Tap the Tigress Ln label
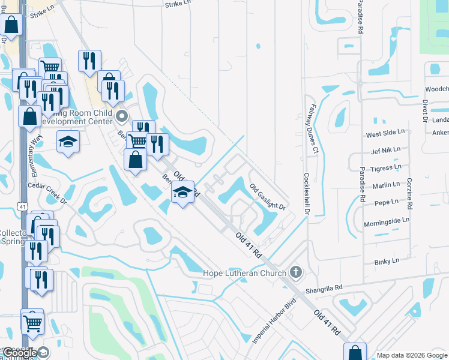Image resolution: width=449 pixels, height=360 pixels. (385, 168)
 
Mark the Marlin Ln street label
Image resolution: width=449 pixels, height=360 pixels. (385, 185)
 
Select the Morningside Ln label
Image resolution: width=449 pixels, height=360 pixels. (386, 220)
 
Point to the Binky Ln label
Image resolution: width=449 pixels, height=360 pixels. (386, 262)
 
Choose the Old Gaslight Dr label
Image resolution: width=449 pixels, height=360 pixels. (267, 196)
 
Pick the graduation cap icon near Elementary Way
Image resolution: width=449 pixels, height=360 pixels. (68, 142)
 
